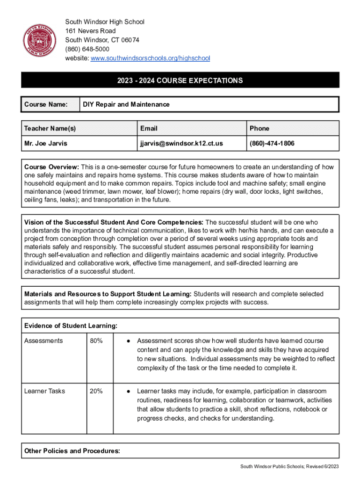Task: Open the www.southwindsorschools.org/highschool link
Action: [x=150, y=58]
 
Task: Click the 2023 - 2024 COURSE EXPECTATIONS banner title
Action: [x=180, y=80]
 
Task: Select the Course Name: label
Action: [x=46, y=104]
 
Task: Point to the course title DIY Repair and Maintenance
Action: [x=126, y=104]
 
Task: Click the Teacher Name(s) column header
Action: [x=50, y=128]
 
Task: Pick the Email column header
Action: [x=148, y=128]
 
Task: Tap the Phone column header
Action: [x=259, y=128]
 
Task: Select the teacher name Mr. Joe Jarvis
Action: [x=46, y=143]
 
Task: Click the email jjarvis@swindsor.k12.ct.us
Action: [x=181, y=143]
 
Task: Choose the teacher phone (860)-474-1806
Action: [x=272, y=143]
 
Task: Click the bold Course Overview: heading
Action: [x=52, y=167]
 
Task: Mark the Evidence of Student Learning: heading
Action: [x=71, y=326]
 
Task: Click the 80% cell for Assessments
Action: [x=96, y=341]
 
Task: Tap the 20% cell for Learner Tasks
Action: [x=96, y=391]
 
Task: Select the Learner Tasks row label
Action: [x=45, y=391]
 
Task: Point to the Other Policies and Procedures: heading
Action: [x=72, y=451]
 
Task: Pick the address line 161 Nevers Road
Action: [x=90, y=31]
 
